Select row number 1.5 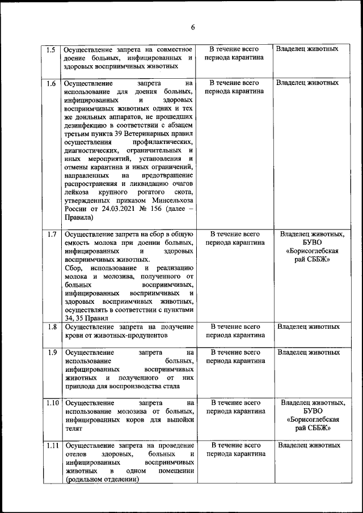click(x=50, y=49)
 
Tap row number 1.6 click(x=50, y=83)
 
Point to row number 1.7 click(x=50, y=234)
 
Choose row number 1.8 click(x=50, y=327)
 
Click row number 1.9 click(x=50, y=352)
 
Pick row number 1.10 click(x=52, y=403)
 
